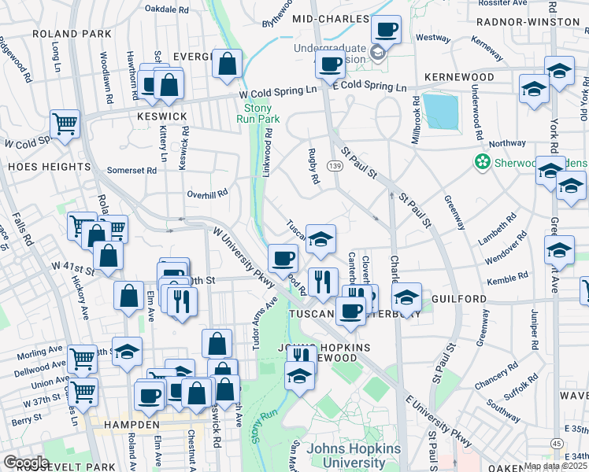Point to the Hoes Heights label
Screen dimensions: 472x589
(49, 167)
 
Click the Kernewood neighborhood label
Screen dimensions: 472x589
(457, 77)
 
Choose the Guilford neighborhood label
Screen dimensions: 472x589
(459, 300)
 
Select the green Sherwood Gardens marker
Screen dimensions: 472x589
(481, 162)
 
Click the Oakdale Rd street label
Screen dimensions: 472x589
(167, 10)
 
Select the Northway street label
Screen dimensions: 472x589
(506, 143)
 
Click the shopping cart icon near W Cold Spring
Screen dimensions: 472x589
(65, 124)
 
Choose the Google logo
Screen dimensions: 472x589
(26, 463)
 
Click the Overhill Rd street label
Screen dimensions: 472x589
(207, 192)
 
